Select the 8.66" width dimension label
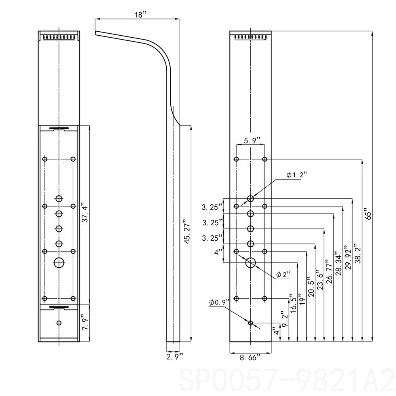coord(250,358)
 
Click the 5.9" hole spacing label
coord(252,141)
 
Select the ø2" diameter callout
coord(284,274)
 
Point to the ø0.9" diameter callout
coord(219,302)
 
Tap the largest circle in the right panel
coord(251,262)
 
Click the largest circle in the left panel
coord(59,262)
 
